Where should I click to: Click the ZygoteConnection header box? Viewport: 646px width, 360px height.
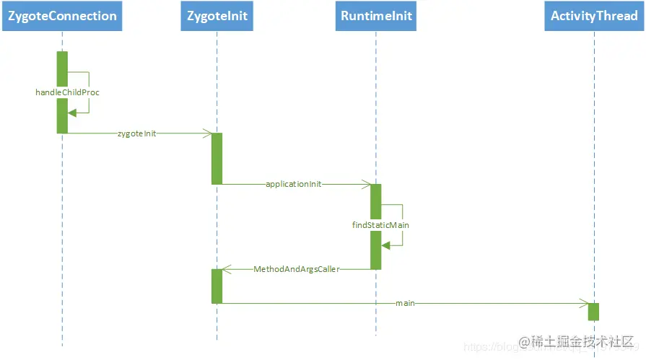(62, 16)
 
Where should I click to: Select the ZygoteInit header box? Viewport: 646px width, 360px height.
(217, 16)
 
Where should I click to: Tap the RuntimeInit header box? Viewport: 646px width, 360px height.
(375, 16)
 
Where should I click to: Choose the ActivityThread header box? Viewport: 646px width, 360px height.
(594, 16)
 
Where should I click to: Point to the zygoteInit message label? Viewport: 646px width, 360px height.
(136, 133)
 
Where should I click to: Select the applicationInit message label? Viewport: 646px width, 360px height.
(294, 184)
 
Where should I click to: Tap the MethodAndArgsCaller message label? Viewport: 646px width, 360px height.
(297, 269)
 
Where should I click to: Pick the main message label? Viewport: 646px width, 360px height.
(405, 303)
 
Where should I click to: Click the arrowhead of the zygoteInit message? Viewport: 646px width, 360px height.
(207, 133)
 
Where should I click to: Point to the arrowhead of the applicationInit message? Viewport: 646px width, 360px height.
(366, 184)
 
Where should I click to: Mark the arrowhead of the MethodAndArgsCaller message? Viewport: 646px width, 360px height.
(226, 269)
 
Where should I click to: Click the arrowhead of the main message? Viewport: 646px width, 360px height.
(585, 303)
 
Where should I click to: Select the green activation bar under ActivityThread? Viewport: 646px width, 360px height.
(593, 312)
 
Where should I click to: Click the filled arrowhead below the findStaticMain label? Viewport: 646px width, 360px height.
(385, 245)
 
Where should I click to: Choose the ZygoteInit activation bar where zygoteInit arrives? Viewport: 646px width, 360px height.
(217, 158)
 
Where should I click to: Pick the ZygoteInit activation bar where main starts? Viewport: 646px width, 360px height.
(217, 286)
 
